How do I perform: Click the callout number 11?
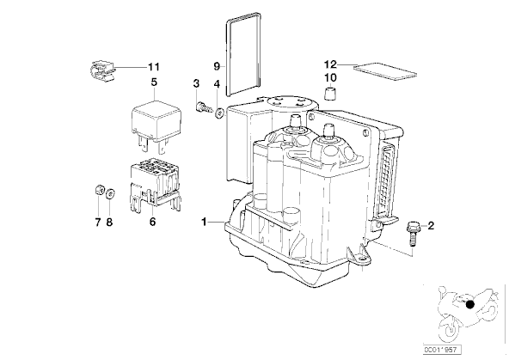click(154, 67)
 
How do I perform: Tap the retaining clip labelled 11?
click(102, 71)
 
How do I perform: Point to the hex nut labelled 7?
click(99, 190)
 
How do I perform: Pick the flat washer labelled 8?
click(110, 193)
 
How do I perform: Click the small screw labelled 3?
click(203, 107)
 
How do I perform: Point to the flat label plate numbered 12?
click(385, 71)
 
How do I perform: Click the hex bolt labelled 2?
click(411, 233)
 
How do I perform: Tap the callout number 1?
click(204, 223)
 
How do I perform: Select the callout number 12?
click(330, 64)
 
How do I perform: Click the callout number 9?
click(217, 66)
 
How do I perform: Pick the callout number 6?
click(152, 222)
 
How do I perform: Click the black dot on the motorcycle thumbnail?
click(469, 304)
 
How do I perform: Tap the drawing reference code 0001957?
click(442, 350)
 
